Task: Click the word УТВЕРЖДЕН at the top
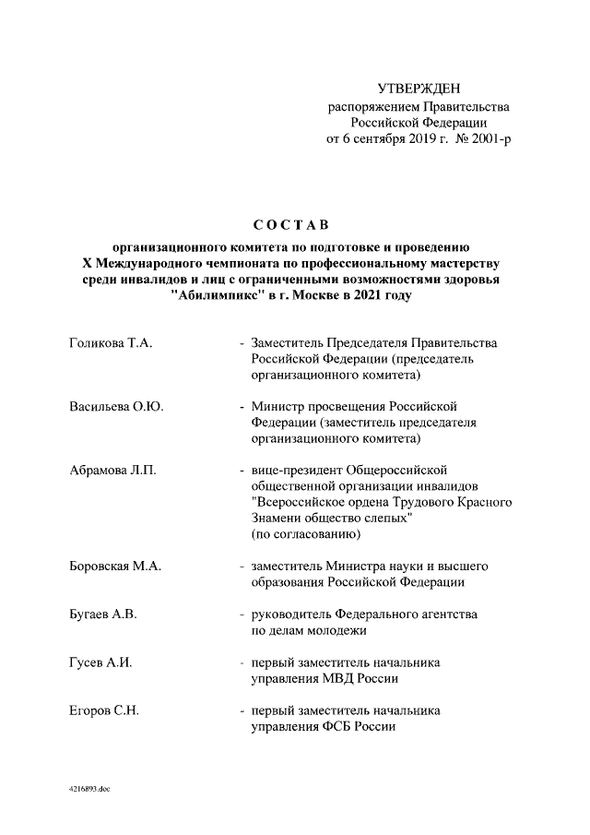[x=419, y=89]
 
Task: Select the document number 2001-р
[x=489, y=139]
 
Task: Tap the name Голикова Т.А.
[x=111, y=343]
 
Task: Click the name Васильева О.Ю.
[x=116, y=407]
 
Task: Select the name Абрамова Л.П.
[x=112, y=471]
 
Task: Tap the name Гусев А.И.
[x=101, y=662]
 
